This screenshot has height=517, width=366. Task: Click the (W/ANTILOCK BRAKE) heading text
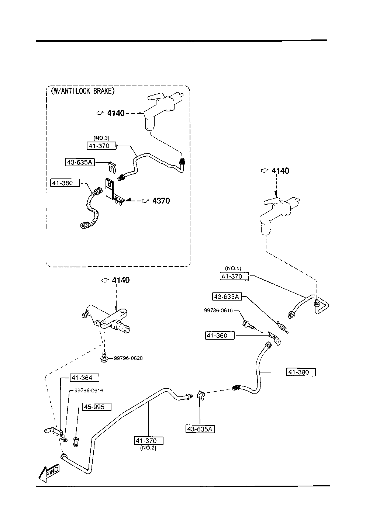click(x=83, y=91)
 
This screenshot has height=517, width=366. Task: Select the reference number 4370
click(x=161, y=201)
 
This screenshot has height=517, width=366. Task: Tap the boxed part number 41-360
click(x=220, y=336)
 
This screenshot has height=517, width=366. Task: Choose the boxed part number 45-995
click(x=96, y=407)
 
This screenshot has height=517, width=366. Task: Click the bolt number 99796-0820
click(x=128, y=358)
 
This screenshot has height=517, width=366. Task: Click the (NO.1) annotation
click(x=233, y=269)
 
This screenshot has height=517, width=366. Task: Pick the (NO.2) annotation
click(x=149, y=448)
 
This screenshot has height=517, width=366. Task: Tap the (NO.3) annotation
click(x=101, y=138)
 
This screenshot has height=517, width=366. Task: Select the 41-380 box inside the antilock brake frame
click(x=65, y=183)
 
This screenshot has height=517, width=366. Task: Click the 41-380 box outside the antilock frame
click(x=301, y=372)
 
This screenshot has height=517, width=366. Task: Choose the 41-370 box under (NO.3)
click(x=101, y=146)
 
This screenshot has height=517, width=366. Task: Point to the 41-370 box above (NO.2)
click(x=149, y=441)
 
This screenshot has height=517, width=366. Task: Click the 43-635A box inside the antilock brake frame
click(x=79, y=162)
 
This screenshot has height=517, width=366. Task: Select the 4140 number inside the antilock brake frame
click(x=116, y=113)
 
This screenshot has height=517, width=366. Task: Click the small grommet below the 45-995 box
click(x=76, y=441)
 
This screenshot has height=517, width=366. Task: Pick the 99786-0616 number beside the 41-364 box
click(x=89, y=391)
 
